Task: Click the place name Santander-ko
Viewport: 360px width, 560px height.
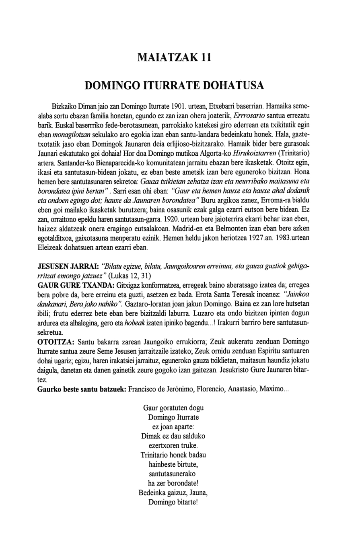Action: [76, 163]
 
